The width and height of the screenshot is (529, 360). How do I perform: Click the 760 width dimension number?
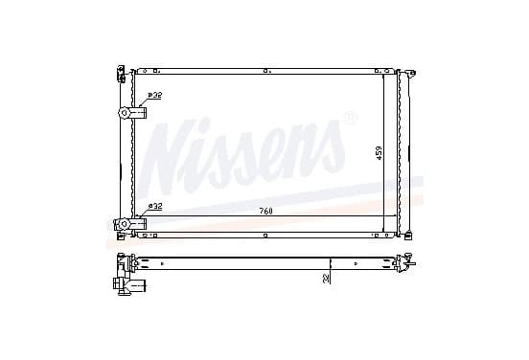tap(265, 212)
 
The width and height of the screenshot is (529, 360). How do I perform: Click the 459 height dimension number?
tap(379, 152)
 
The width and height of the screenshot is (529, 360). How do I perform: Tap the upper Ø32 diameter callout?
tap(155, 96)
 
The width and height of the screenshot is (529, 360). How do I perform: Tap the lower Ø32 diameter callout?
tap(155, 206)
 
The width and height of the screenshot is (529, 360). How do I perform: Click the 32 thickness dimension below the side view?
tap(326, 279)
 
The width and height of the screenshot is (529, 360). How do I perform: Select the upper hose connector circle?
tap(125, 113)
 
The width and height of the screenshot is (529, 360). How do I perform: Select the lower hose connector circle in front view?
tap(125, 224)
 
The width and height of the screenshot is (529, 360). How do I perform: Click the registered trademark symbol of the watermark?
tap(348, 119)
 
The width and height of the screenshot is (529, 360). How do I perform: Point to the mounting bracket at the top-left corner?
tap(121, 74)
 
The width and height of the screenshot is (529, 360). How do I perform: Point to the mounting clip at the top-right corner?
tap(410, 73)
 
